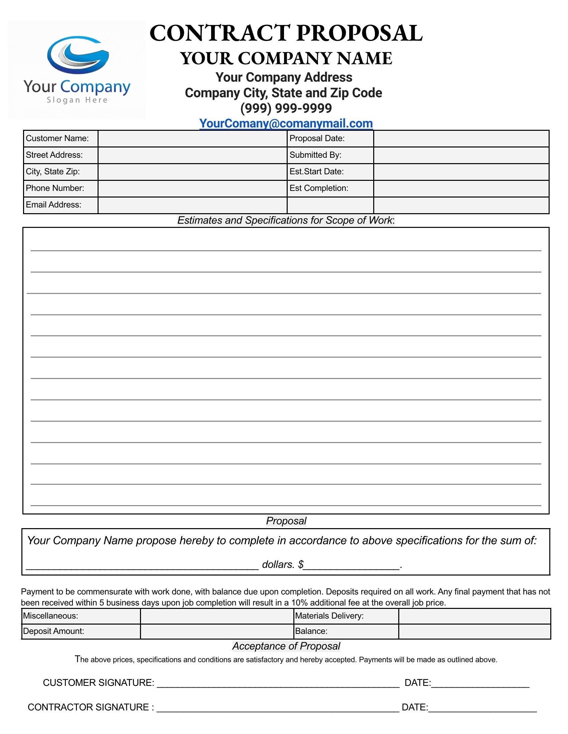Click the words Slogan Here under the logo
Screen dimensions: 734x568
point(77,100)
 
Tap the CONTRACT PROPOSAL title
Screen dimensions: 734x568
point(286,33)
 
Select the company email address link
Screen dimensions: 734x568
point(286,123)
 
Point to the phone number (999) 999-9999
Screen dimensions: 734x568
point(286,108)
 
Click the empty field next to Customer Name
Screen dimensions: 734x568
point(192,138)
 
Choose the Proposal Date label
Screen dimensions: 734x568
point(317,138)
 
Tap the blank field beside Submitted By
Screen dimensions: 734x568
point(461,155)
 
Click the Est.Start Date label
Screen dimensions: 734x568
point(316,171)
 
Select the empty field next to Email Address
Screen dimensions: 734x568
point(192,205)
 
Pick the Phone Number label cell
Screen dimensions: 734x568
point(55,188)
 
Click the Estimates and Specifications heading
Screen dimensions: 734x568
point(286,220)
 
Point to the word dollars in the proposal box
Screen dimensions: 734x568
point(278,564)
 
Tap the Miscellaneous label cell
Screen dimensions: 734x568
point(50,616)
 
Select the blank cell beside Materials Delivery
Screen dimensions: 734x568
point(474,616)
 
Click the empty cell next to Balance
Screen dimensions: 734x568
point(474,631)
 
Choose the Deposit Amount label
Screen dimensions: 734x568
point(53,631)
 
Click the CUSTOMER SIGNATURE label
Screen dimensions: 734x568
point(98,683)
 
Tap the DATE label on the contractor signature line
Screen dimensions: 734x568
point(414,707)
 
